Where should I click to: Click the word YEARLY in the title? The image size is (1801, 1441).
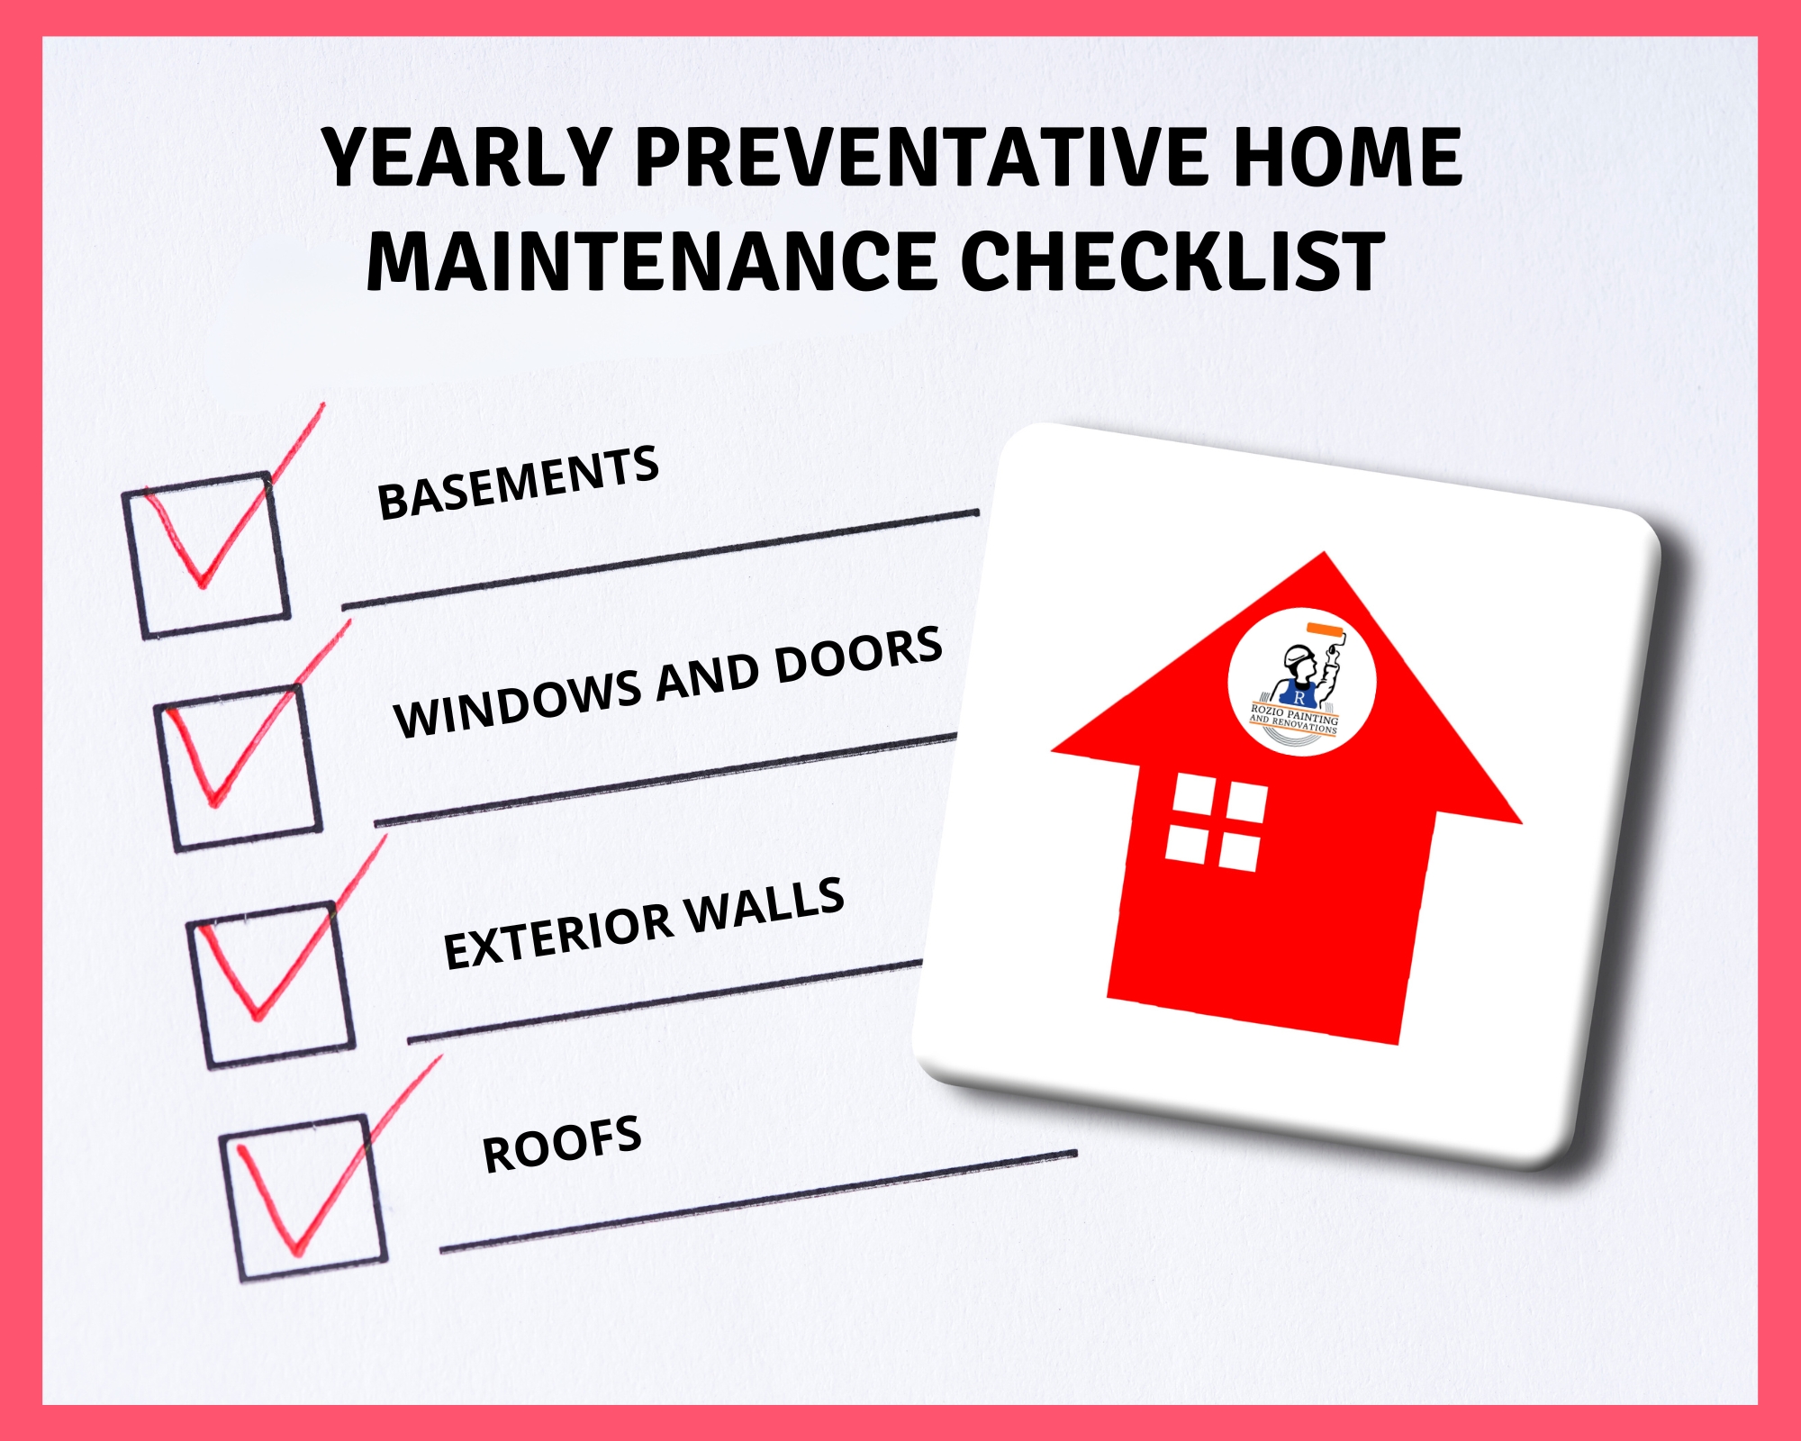point(466,158)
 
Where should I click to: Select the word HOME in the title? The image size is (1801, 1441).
point(1347,158)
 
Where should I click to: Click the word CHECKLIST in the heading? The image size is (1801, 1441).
point(1172,261)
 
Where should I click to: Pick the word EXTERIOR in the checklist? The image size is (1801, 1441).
point(558,937)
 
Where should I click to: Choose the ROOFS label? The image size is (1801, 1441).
point(562,1144)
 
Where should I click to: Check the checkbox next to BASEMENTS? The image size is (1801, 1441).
point(206,554)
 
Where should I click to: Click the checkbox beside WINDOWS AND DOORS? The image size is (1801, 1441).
point(238,767)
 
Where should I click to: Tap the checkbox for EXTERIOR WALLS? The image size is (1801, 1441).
point(270,984)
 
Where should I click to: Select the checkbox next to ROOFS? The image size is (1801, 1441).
point(303,1198)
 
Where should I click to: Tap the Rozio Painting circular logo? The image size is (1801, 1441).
point(1301,682)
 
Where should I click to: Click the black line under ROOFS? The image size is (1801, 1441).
point(756,1201)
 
